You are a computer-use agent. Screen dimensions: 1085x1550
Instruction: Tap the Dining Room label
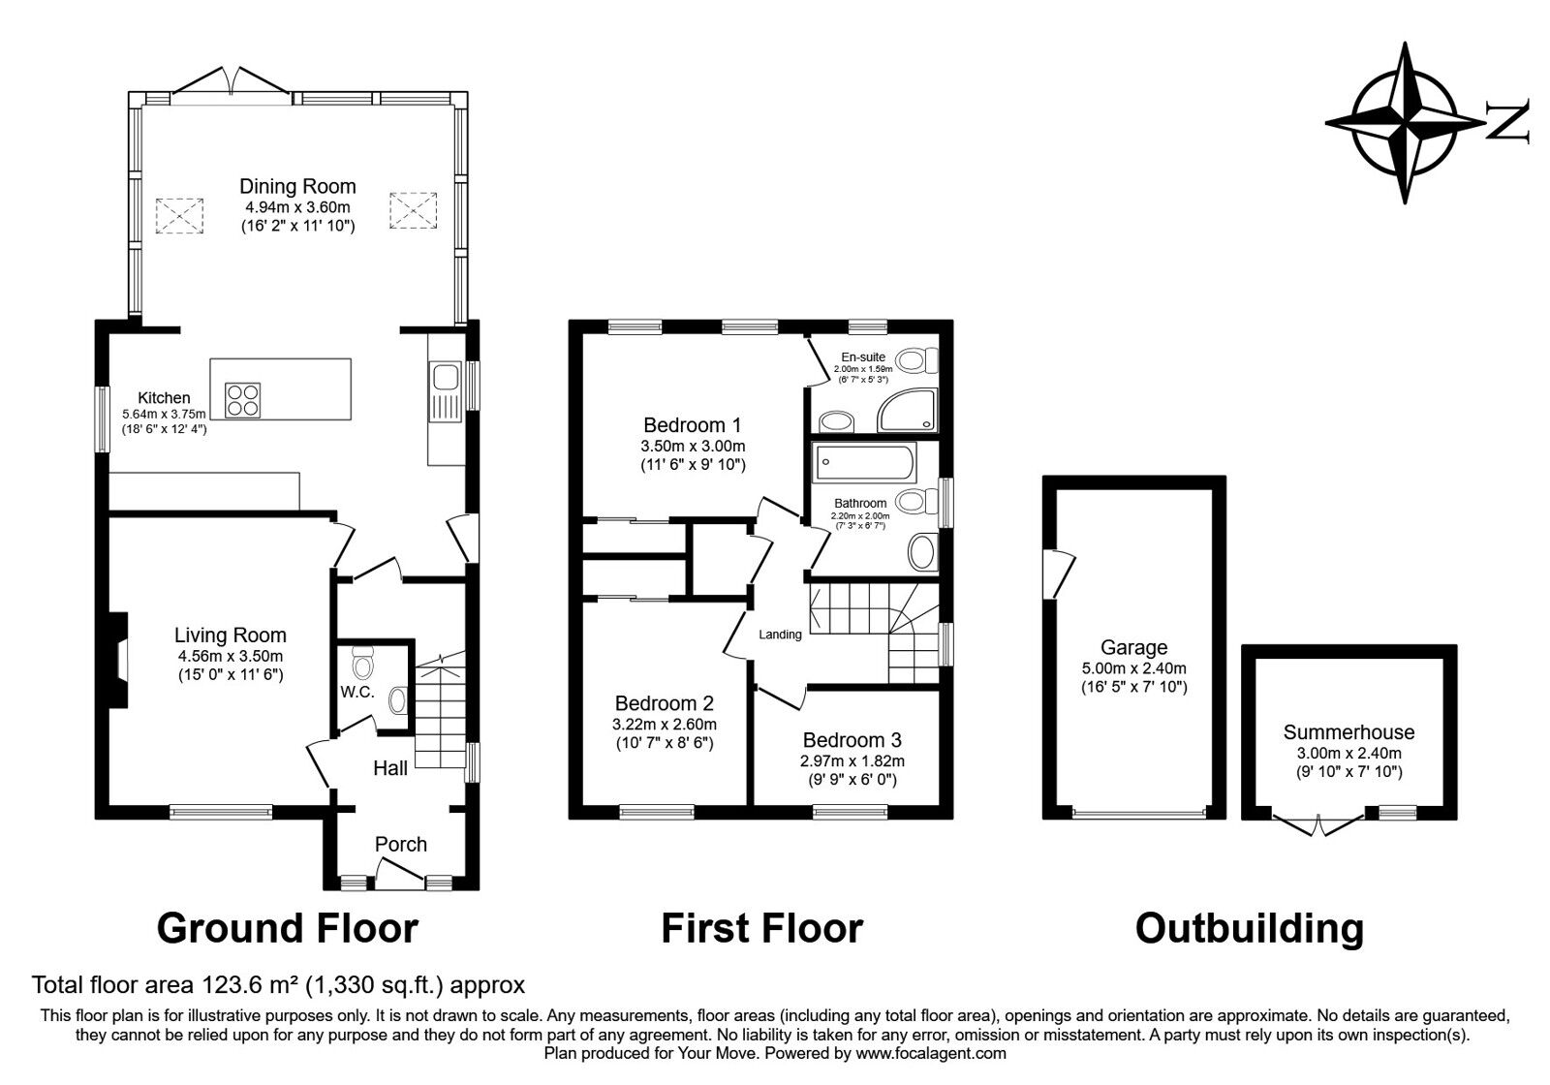pyautogui.click(x=297, y=186)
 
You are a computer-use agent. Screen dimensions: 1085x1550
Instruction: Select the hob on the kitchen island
pyautogui.click(x=242, y=399)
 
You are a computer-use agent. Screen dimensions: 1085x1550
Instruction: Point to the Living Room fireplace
pyautogui.click(x=115, y=661)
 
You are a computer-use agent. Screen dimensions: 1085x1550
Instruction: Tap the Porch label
pyautogui.click(x=400, y=844)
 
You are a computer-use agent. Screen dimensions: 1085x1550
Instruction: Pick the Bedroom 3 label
pyautogui.click(x=852, y=740)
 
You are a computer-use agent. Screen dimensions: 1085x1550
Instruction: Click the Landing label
pyautogui.click(x=780, y=635)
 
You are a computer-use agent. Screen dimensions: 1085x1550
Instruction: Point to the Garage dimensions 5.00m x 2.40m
pyautogui.click(x=1133, y=668)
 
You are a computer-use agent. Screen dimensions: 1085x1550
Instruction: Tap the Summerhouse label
pyautogui.click(x=1348, y=732)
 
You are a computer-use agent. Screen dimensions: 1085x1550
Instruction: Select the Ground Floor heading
pyautogui.click(x=287, y=928)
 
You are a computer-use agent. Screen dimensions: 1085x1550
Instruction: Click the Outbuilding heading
pyautogui.click(x=1249, y=928)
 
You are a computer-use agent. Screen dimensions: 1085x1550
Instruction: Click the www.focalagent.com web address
pyautogui.click(x=930, y=1052)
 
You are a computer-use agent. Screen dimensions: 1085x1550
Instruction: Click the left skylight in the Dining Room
pyautogui.click(x=179, y=215)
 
